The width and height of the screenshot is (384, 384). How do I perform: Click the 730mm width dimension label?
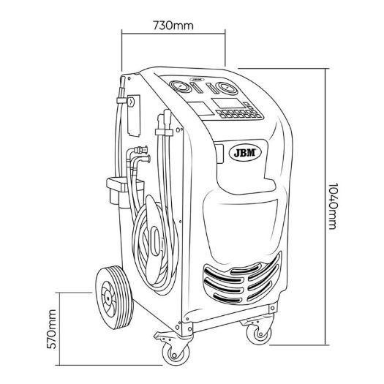coord(173,26)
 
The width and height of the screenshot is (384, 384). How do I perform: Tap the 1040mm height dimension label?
coord(332,206)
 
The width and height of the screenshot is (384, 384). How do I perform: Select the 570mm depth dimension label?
coord(52,329)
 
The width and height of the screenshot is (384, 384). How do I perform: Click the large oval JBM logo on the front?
coord(245,153)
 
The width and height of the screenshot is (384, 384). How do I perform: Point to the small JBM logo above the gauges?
coord(197,80)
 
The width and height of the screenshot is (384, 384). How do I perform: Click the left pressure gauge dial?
coord(180,87)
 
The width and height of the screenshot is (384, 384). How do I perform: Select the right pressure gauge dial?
coord(227,89)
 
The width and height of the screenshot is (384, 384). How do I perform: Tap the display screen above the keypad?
coord(228,103)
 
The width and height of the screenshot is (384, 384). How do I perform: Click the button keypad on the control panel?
coord(239,113)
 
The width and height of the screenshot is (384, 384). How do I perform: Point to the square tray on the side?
coord(124,185)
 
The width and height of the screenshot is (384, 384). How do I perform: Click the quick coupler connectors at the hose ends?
coord(142,154)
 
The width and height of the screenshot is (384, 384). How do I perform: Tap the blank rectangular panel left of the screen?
coord(200,109)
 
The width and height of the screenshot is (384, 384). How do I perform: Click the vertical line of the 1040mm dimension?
coord(325,207)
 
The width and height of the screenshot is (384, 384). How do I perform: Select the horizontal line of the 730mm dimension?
coord(173,34)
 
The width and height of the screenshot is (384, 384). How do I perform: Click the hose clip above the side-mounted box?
coord(121,101)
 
